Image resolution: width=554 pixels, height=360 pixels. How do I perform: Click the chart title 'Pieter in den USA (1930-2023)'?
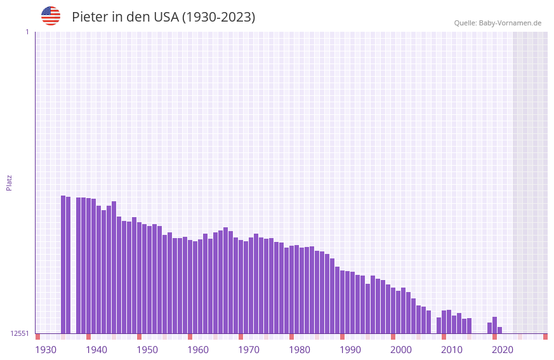(163, 17)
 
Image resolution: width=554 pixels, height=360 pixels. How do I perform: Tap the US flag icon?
(51, 16)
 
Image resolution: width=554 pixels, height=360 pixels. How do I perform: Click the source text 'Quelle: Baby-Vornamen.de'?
(498, 23)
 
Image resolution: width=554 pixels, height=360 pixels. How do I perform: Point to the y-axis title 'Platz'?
(9, 182)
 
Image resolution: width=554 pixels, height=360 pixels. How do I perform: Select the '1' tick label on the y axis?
(27, 32)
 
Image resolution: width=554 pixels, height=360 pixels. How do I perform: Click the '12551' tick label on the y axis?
(20, 333)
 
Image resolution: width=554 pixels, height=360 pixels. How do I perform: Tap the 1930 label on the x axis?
(46, 349)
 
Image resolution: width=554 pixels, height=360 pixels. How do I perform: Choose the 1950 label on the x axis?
(147, 349)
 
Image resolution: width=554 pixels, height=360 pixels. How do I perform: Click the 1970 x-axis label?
(249, 349)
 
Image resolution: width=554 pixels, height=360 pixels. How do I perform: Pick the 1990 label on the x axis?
(350, 349)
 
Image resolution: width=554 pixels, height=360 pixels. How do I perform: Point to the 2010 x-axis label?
(452, 349)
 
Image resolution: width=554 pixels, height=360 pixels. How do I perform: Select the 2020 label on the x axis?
(503, 349)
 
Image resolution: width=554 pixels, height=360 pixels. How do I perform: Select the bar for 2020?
(495, 325)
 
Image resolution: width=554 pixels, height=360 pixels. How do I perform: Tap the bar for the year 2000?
(393, 310)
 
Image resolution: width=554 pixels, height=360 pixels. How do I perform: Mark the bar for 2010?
(444, 322)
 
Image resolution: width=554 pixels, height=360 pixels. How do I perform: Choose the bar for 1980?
(292, 290)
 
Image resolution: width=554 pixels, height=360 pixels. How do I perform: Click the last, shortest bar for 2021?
(500, 330)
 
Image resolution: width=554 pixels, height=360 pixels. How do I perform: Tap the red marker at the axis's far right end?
(545, 337)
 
